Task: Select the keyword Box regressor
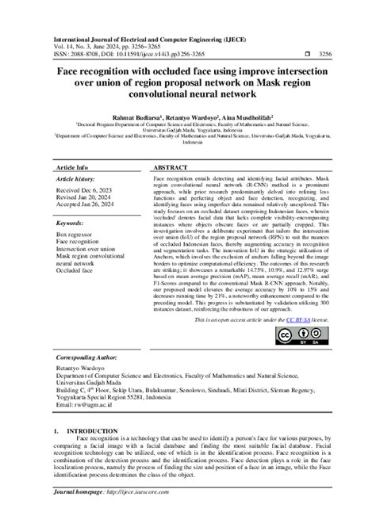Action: [75, 237]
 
